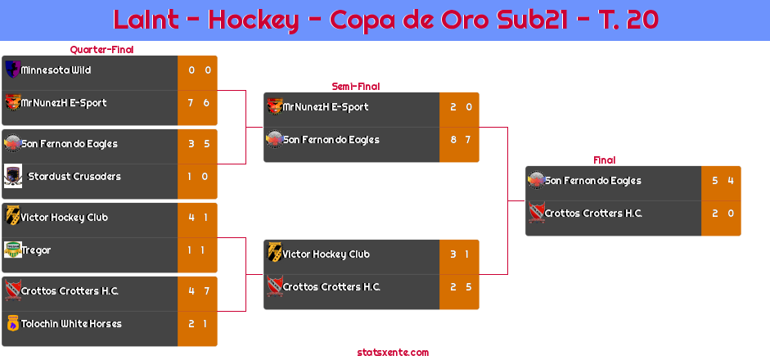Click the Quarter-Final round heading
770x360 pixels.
(x=101, y=50)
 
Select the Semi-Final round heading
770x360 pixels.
(x=356, y=87)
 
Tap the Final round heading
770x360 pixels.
(x=605, y=160)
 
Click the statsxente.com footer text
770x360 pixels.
(x=393, y=353)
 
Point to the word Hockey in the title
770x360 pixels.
(x=254, y=20)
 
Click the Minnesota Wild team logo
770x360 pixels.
(x=12, y=70)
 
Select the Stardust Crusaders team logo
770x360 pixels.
(x=13, y=176)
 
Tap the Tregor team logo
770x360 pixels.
(x=13, y=250)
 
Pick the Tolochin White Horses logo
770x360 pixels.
(x=13, y=323)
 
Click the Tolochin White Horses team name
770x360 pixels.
(x=71, y=324)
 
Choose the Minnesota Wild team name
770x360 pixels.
(x=56, y=70)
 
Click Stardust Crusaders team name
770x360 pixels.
(x=74, y=176)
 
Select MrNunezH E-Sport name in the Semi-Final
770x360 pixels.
(x=326, y=107)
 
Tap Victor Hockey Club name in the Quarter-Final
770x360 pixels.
(x=65, y=218)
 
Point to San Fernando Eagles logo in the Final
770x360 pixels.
(x=536, y=180)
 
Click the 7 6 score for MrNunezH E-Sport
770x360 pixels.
(x=199, y=103)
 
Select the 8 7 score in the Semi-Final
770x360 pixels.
(x=461, y=140)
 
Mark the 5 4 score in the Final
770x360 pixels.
(x=723, y=181)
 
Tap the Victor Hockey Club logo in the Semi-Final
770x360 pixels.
(x=274, y=253)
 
